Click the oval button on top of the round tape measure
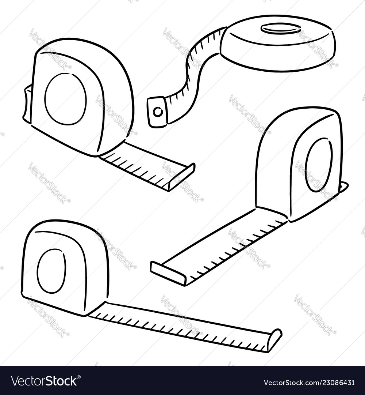click(x=280, y=29)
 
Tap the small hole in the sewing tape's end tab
click(x=158, y=112)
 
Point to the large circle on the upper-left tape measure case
click(x=66, y=99)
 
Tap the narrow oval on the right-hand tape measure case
click(x=319, y=165)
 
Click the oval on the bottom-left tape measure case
click(x=51, y=271)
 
